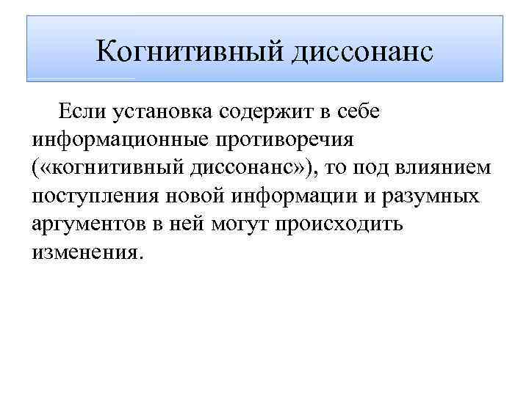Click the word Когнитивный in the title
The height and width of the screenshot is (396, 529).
[186, 51]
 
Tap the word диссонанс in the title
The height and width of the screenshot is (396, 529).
[359, 51]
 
